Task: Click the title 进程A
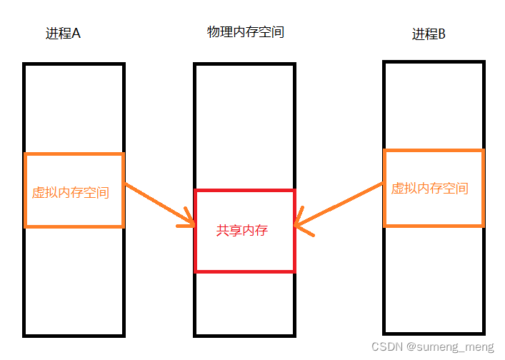click(x=63, y=34)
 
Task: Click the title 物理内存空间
click(x=245, y=32)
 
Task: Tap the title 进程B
click(x=429, y=34)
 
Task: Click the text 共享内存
click(x=242, y=231)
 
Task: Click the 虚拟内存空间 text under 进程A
click(x=71, y=193)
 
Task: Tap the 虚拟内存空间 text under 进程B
click(x=429, y=189)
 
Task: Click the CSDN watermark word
click(x=386, y=346)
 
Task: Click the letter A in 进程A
click(x=76, y=34)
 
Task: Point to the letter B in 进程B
click(x=441, y=34)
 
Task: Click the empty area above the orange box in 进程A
click(x=74, y=107)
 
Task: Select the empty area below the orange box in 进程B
click(x=434, y=279)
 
